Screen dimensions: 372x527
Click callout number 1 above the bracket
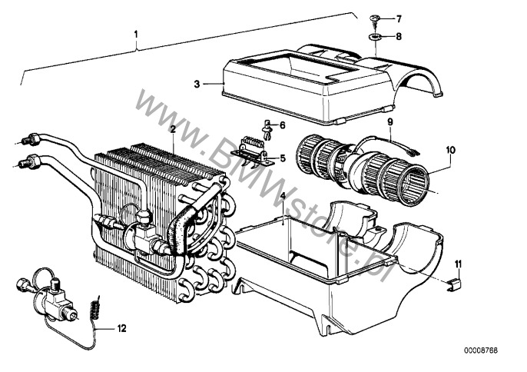coord(137,35)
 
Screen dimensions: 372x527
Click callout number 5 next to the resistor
coord(281,159)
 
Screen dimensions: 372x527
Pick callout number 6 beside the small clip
coord(282,125)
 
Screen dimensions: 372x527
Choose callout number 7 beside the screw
coord(399,18)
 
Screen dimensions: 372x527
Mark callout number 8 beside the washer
coord(399,36)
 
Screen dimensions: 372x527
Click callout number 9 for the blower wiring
coord(389,122)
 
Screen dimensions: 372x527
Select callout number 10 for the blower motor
coord(450,151)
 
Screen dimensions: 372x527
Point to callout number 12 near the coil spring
coord(121,329)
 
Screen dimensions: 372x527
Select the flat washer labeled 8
coord(374,35)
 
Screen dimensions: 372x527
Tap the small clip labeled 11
coord(454,286)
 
